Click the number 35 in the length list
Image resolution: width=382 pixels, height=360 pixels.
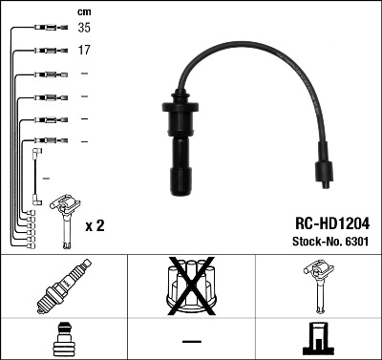(x=84, y=29)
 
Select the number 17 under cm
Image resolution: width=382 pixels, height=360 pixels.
(x=84, y=51)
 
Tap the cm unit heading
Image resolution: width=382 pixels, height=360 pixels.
(x=83, y=11)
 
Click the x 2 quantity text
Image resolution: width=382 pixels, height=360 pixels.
(x=95, y=226)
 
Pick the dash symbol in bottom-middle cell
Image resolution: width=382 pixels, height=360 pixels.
(x=191, y=340)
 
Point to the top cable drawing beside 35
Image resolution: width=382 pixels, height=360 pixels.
(x=43, y=29)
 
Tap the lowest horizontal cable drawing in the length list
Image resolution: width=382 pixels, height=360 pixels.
(x=43, y=142)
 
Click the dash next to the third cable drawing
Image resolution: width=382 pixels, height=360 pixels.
(x=84, y=74)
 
